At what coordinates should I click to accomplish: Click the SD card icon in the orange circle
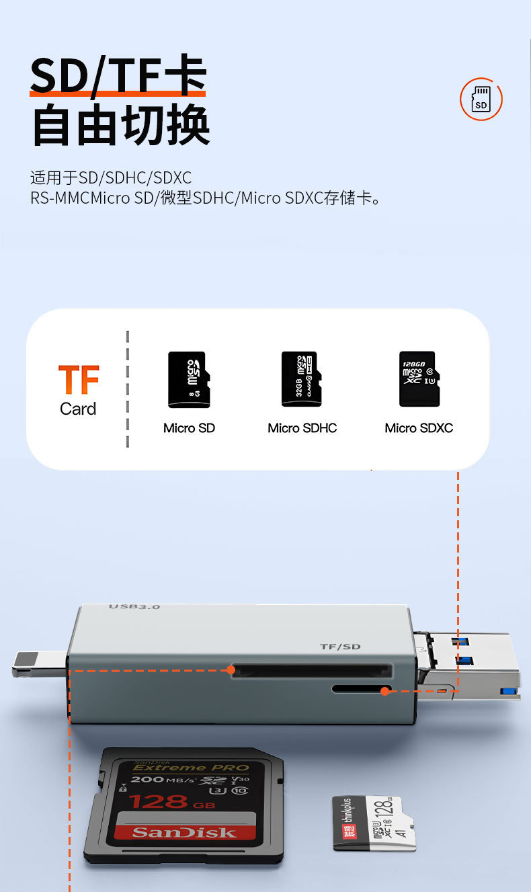[481, 99]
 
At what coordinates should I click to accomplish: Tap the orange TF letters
[79, 380]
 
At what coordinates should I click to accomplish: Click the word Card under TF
[78, 409]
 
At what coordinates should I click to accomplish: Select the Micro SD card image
[189, 379]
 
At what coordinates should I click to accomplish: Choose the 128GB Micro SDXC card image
[417, 379]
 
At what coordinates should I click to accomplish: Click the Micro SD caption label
[189, 428]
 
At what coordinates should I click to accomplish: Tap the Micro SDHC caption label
[302, 428]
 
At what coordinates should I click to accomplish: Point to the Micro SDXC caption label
[419, 428]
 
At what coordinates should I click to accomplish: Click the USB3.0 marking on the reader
[134, 607]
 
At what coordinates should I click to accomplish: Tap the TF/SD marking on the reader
[340, 647]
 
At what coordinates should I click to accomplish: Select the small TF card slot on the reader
[360, 690]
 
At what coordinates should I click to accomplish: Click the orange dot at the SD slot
[231, 670]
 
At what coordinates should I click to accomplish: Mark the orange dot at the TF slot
[385, 690]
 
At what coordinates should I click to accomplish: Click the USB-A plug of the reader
[471, 665]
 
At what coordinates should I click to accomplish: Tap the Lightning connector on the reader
[39, 663]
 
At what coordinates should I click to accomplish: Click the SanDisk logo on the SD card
[184, 832]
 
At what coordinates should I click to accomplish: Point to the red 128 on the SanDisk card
[159, 801]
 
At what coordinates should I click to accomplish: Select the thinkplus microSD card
[373, 823]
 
